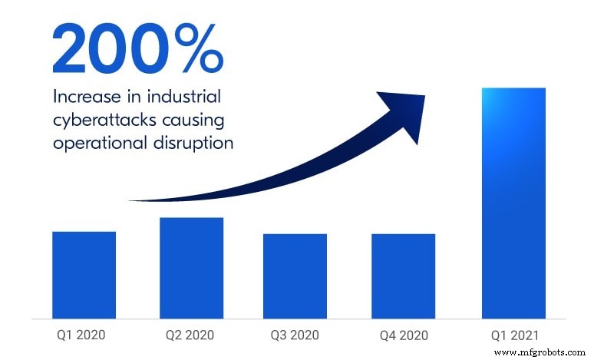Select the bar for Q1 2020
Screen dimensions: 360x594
[84, 274]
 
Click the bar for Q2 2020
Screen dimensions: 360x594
[191, 267]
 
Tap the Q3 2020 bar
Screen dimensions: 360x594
[295, 276]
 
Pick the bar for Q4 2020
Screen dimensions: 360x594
[403, 276]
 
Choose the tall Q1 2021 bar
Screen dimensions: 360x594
[513, 203]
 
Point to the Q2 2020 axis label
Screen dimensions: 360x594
[191, 335]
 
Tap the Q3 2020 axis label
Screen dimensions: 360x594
[295, 335]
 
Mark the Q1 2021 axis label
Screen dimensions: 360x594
[513, 335]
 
